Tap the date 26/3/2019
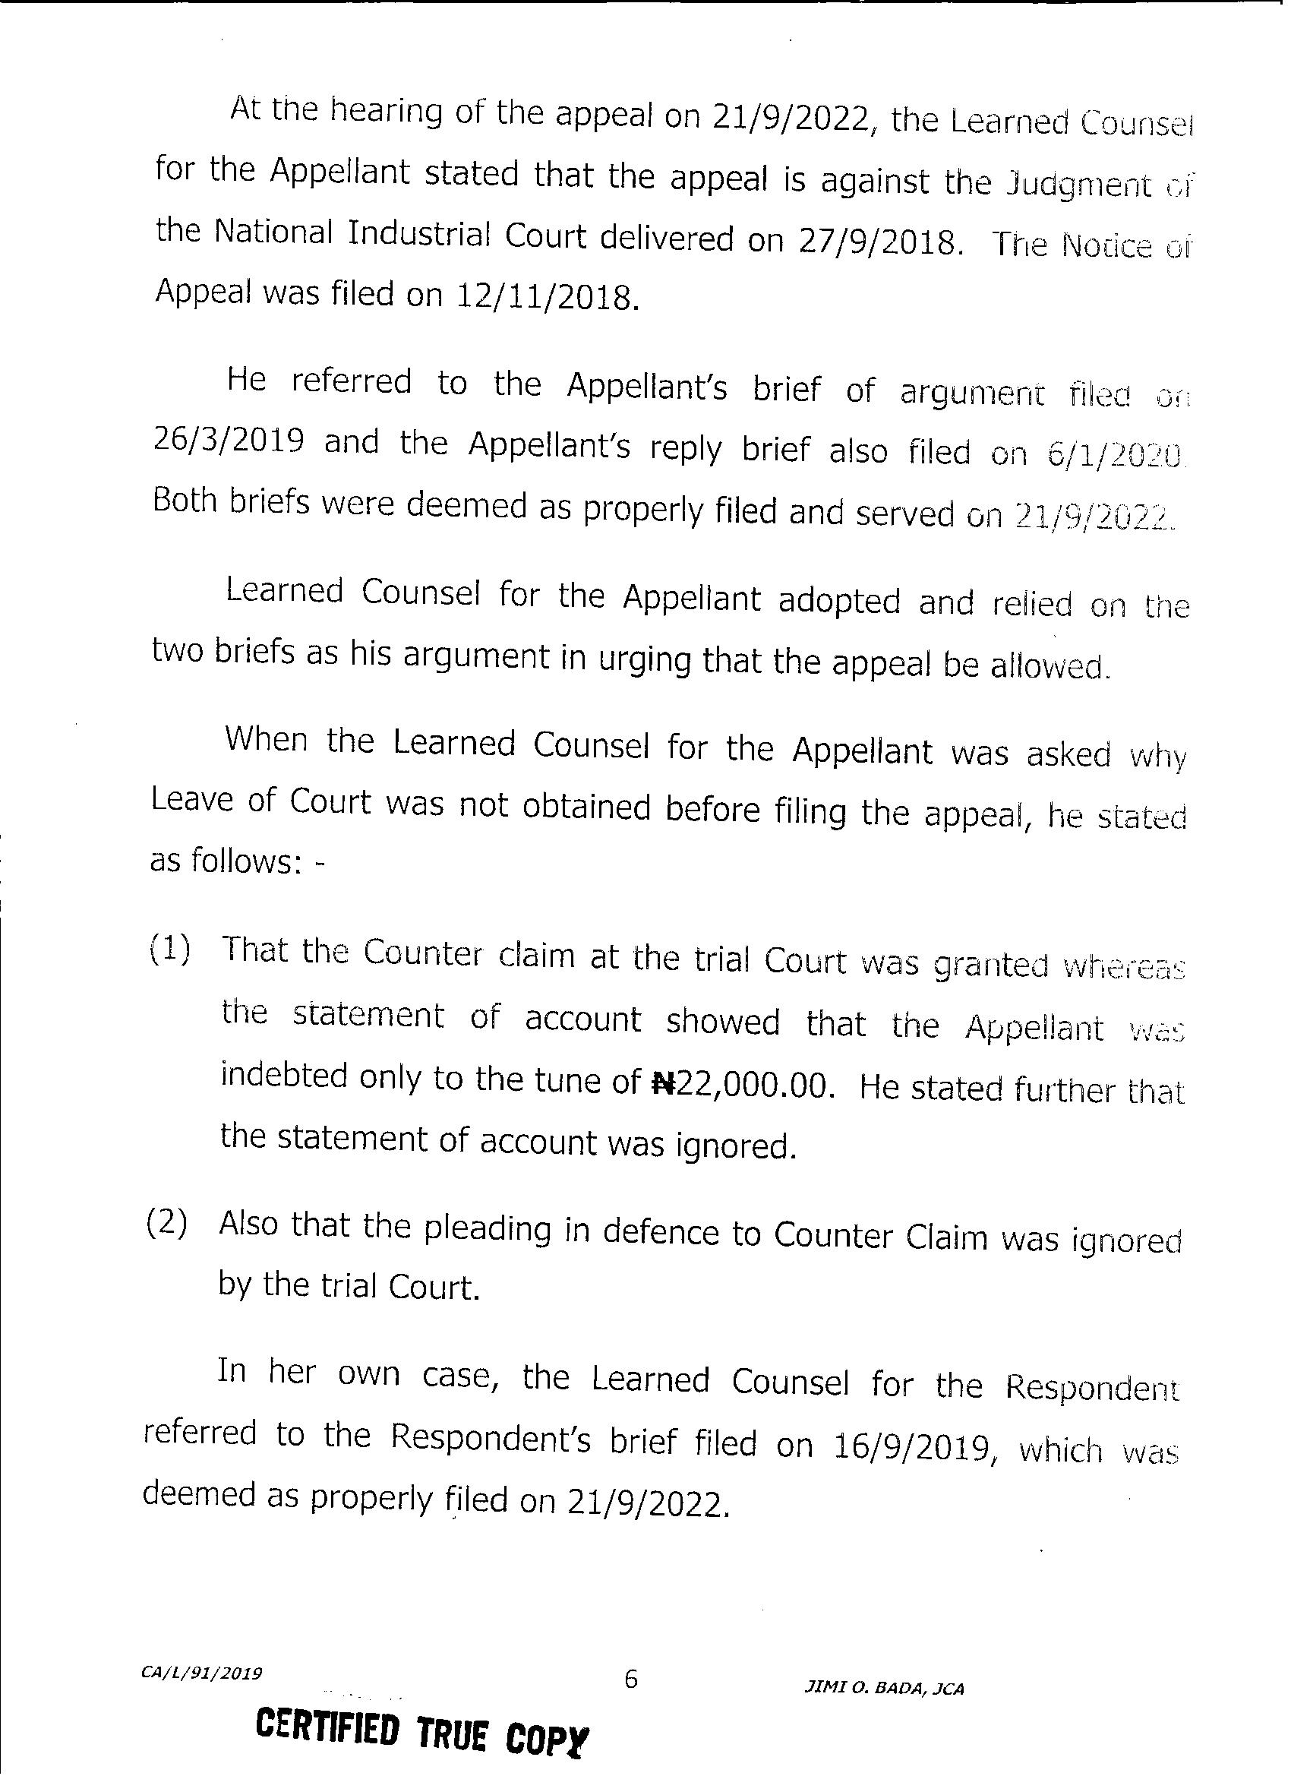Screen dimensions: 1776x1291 pos(228,440)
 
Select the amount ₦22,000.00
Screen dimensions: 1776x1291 pos(739,1086)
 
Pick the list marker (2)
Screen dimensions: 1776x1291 pos(167,1224)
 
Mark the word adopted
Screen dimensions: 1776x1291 pos(839,602)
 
